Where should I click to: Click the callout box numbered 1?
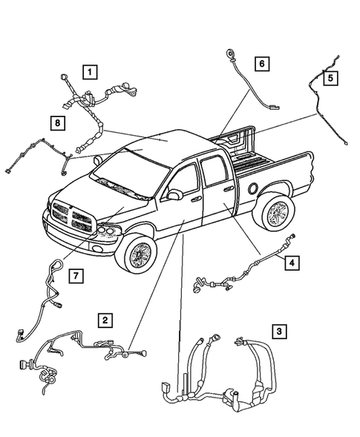coord(89,72)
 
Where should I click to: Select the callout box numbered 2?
coord(106,321)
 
